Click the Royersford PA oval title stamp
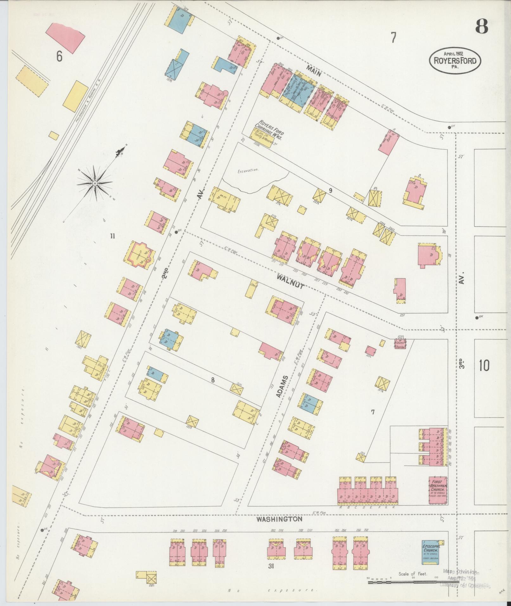[455, 60]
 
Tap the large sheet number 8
[481, 26]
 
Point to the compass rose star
[95, 183]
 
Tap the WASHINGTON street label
[279, 520]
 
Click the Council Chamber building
[400, 343]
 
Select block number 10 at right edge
[484, 366]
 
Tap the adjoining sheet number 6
[59, 57]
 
